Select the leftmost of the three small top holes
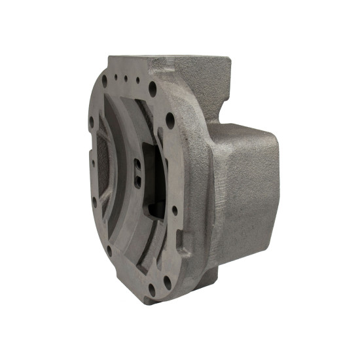click(x=116, y=77)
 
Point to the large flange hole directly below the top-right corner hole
click(x=170, y=120)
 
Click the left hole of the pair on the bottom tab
click(x=152, y=288)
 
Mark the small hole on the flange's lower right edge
click(x=175, y=210)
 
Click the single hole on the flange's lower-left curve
click(x=109, y=250)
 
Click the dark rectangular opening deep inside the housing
click(x=155, y=210)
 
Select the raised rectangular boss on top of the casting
click(x=196, y=71)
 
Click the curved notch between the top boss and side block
click(x=226, y=111)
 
